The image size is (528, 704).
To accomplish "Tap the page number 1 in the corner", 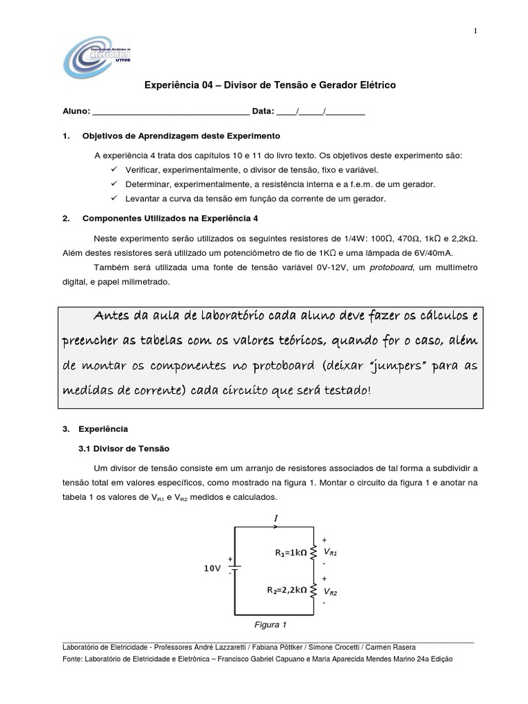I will pyautogui.click(x=474, y=30).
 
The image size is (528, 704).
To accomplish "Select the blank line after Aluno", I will pyautogui.click(x=170, y=111).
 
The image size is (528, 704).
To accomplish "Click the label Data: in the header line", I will pyautogui.click(x=263, y=111).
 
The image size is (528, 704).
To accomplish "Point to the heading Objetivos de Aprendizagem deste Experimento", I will pyautogui.click(x=181, y=135).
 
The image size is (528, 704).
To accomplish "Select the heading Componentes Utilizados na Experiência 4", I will pyautogui.click(x=170, y=219).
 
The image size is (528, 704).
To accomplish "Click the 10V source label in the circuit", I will pyautogui.click(x=212, y=569).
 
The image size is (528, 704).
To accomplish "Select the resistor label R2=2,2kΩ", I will pyautogui.click(x=287, y=589).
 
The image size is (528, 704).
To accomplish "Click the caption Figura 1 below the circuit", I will pyautogui.click(x=270, y=625).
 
